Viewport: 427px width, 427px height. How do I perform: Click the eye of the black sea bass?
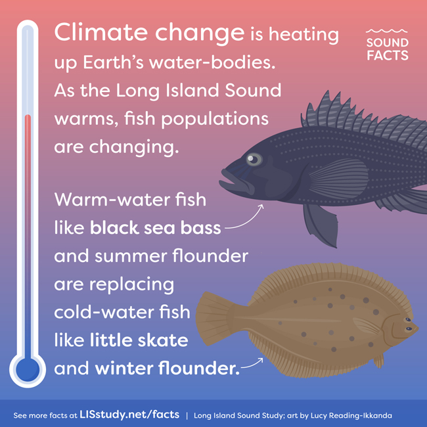254,160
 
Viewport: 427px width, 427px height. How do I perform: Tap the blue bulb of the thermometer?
28,370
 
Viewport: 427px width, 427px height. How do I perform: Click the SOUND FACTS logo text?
387,49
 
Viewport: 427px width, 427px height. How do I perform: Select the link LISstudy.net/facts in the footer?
129,415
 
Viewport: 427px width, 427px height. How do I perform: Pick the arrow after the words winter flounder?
252,363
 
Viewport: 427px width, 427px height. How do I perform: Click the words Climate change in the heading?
149,34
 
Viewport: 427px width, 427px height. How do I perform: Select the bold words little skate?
139,340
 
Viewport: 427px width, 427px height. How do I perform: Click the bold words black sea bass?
155,228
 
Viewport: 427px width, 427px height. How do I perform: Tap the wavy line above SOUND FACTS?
387,31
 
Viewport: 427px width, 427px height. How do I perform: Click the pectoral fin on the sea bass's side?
339,179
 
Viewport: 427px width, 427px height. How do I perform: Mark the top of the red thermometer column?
28,116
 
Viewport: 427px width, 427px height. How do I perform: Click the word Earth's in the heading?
113,62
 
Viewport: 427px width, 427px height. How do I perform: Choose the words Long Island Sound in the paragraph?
199,91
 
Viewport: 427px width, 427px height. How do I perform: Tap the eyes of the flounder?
409,324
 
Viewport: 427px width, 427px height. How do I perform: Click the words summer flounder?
171,256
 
